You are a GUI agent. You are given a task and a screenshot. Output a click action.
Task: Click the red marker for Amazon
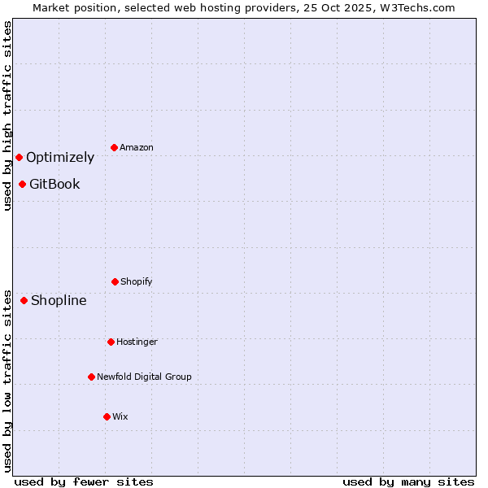(114, 147)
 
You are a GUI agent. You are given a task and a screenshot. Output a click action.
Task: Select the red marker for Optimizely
(19, 157)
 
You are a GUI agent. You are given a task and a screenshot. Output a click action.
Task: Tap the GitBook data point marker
(22, 184)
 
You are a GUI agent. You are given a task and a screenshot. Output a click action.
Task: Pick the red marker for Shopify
(115, 281)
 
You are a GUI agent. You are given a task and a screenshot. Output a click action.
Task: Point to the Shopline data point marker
(24, 300)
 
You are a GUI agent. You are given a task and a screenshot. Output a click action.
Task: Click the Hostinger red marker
(111, 342)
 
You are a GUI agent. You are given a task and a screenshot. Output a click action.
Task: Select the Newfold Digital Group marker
(91, 377)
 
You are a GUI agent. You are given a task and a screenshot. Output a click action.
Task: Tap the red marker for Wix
(107, 416)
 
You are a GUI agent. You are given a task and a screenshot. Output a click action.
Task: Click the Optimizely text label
(60, 157)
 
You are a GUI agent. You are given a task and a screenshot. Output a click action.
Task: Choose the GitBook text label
(54, 184)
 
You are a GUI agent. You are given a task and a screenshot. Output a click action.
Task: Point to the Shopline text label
(59, 300)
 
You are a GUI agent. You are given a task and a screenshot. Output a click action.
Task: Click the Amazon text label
(137, 147)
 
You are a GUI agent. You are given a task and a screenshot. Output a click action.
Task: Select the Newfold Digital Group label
(144, 377)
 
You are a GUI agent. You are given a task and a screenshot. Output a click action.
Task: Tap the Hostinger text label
(137, 342)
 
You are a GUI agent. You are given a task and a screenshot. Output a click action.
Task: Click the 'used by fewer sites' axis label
(84, 481)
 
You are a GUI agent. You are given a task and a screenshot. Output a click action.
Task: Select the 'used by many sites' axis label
(408, 481)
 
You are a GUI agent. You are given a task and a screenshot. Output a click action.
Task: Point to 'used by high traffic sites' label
(7, 115)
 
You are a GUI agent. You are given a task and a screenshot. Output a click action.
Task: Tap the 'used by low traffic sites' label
(7, 380)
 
